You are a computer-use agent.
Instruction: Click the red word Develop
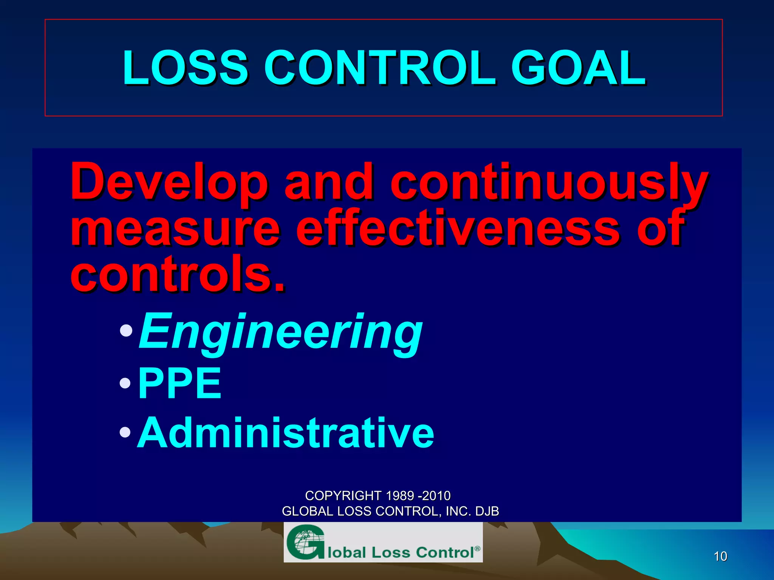pyautogui.click(x=169, y=182)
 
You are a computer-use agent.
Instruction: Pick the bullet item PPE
pyautogui.click(x=180, y=384)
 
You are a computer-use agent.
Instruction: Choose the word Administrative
pyautogui.click(x=286, y=433)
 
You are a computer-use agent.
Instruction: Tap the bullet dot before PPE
pyautogui.click(x=125, y=384)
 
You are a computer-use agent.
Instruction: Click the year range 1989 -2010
pyautogui.click(x=418, y=495)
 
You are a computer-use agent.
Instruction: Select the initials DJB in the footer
pyautogui.click(x=487, y=511)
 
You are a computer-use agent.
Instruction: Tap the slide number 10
pyautogui.click(x=720, y=556)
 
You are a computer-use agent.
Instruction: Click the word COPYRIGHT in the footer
pyautogui.click(x=343, y=495)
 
